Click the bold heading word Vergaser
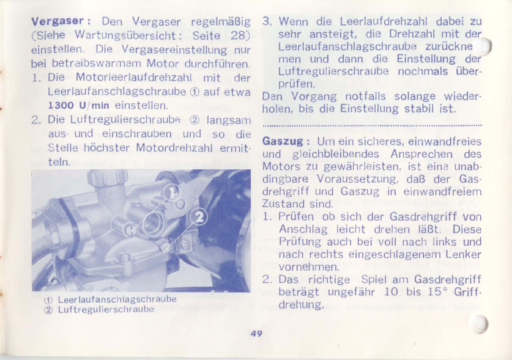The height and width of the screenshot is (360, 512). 58,21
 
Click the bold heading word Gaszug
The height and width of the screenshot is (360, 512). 283,141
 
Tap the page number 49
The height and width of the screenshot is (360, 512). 257,334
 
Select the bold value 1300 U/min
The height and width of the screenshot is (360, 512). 78,105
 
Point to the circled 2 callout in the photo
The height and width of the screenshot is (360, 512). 199,217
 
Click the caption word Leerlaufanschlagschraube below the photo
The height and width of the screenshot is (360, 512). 117,299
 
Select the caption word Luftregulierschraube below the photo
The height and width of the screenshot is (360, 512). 106,309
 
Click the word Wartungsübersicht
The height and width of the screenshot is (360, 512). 126,35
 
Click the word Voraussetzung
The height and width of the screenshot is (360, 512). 357,179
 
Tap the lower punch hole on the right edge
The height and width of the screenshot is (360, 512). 480,324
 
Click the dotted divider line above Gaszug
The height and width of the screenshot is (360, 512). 372,125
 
